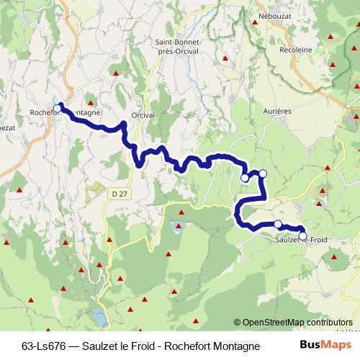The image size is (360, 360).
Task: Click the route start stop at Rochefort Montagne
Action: click(x=58, y=108)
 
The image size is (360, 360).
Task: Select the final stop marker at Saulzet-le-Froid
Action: click(x=302, y=235)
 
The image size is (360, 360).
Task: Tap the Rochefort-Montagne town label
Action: click(x=66, y=113)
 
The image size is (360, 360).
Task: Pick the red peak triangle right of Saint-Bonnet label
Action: click(x=225, y=58)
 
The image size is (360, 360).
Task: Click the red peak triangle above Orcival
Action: click(x=114, y=73)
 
